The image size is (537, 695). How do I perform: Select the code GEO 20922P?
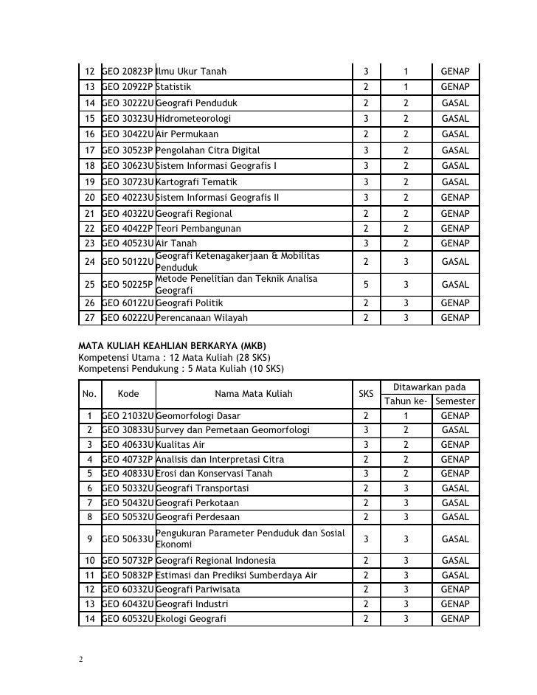click(x=127, y=87)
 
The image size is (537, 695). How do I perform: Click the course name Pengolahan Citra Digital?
click(x=208, y=150)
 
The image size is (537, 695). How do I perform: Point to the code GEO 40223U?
click(x=127, y=197)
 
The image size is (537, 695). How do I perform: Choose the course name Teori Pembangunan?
click(x=198, y=228)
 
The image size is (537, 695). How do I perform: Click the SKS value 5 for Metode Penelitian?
click(x=365, y=284)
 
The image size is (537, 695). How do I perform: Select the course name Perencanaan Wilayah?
click(x=202, y=318)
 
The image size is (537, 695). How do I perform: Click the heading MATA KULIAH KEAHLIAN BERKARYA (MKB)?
click(x=172, y=346)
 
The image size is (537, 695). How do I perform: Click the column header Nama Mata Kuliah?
click(x=253, y=394)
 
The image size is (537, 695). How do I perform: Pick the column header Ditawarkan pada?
click(x=430, y=387)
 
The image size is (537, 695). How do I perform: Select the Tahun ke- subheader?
click(x=405, y=401)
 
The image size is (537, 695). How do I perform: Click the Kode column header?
click(x=128, y=394)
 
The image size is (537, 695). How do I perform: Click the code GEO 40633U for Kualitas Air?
click(x=127, y=445)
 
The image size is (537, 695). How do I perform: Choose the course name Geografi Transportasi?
click(x=202, y=488)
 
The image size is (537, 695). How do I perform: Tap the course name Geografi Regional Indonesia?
click(x=216, y=561)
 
